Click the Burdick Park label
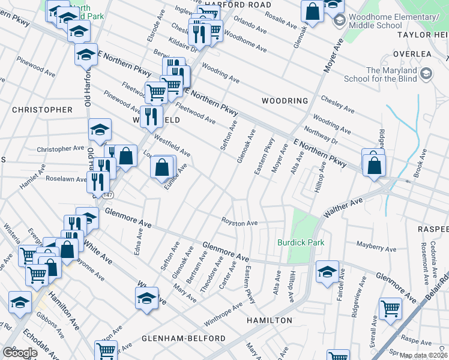click(300, 242)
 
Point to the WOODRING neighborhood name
click(285, 101)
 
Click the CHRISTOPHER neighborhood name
click(42, 110)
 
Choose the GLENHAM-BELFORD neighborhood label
click(184, 338)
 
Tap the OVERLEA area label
click(412, 54)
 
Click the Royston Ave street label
click(240, 223)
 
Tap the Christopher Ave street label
click(61, 148)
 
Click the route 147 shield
click(107, 196)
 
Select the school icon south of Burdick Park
click(327, 272)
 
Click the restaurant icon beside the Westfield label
click(151, 116)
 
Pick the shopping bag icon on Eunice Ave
click(163, 167)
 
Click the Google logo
click(20, 352)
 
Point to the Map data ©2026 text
click(423, 355)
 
